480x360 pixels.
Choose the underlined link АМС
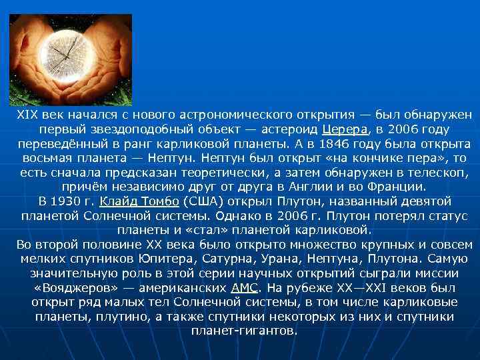[x=243, y=288]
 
